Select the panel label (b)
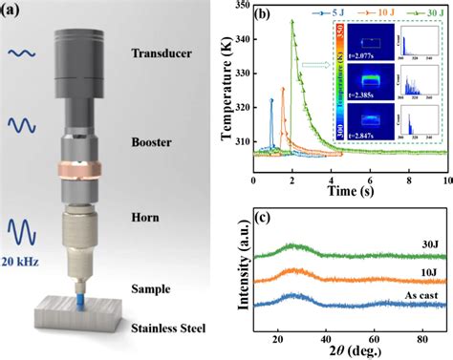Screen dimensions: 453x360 (x=260, y=14)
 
